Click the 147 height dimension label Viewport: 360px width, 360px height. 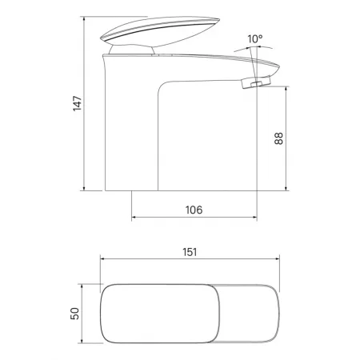pyautogui.click(x=78, y=103)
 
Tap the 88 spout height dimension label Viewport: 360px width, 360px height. pyautogui.click(x=278, y=138)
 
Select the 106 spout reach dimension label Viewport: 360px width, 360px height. pyautogui.click(x=194, y=210)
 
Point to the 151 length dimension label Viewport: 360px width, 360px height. pyautogui.click(x=190, y=252)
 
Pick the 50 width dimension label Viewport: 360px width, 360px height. pyautogui.click(x=75, y=314)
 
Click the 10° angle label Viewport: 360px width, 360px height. pyautogui.click(x=255, y=39)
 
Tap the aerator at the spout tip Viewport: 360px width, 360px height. pyautogui.click(x=256, y=82)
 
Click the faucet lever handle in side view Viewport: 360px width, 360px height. pyautogui.click(x=160, y=31)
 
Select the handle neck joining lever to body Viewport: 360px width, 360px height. pyautogui.click(x=132, y=50)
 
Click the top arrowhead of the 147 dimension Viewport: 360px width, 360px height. pyautogui.click(x=84, y=18)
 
